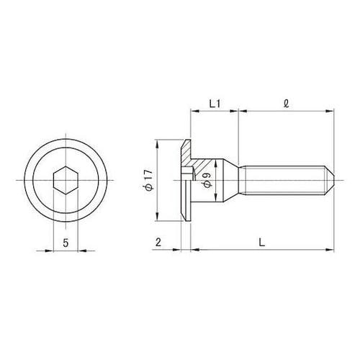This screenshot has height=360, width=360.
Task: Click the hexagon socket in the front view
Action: [66, 177]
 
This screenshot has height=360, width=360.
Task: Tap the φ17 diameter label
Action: [148, 180]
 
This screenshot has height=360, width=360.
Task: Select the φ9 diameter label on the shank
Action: [207, 180]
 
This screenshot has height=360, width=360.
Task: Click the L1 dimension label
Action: [214, 103]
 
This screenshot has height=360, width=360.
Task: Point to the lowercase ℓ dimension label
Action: [287, 103]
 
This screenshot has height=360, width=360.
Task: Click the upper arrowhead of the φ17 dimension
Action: [157, 142]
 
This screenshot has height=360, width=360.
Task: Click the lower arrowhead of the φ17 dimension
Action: [157, 213]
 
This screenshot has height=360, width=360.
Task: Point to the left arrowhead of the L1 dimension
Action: [193, 111]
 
